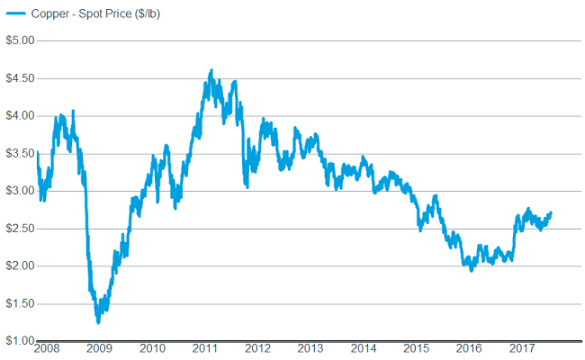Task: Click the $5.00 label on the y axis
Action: (x=19, y=40)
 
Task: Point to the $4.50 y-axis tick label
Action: (x=19, y=78)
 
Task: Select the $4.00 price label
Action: (x=19, y=115)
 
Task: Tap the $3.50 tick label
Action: (x=19, y=153)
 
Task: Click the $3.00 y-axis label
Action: (x=19, y=191)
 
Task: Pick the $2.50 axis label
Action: (x=19, y=228)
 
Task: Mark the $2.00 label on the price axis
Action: (x=19, y=265)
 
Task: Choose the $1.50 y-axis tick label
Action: (x=19, y=303)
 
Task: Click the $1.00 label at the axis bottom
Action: (x=19, y=340)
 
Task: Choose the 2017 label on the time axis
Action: (x=520, y=348)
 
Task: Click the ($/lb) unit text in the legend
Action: (x=142, y=15)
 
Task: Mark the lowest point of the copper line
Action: (x=97, y=321)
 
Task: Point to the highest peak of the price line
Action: (x=211, y=70)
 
